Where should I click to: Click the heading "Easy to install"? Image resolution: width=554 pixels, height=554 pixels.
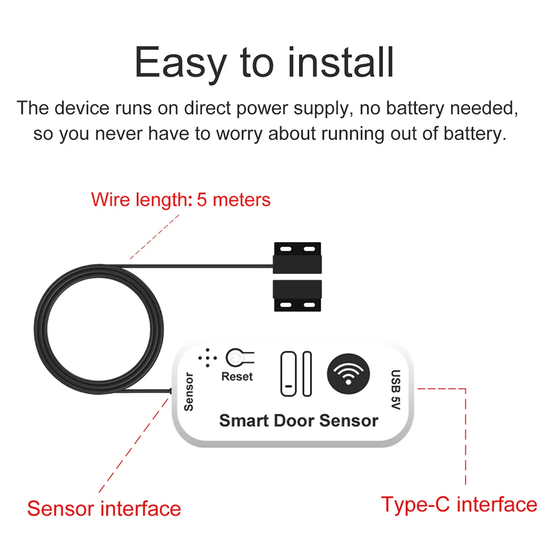click(264, 63)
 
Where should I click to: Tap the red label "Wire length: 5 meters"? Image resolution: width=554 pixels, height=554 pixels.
click(180, 200)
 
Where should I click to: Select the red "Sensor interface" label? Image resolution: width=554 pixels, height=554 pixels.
click(104, 509)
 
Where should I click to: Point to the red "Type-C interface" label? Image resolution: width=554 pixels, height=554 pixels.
click(459, 504)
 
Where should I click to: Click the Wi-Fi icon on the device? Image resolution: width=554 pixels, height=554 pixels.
click(348, 374)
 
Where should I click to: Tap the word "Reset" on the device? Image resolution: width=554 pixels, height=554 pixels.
click(237, 377)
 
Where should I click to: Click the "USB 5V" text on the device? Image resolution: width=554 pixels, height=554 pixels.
click(396, 390)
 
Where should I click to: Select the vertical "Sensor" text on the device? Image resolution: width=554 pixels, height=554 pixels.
click(189, 392)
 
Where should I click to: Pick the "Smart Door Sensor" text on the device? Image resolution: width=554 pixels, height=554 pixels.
click(299, 421)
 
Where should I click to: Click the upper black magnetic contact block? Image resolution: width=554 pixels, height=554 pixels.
click(298, 258)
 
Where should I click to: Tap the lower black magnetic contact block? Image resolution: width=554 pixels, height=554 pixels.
click(298, 296)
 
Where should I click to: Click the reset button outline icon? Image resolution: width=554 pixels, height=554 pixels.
click(240, 358)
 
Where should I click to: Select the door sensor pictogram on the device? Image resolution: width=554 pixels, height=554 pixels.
click(296, 374)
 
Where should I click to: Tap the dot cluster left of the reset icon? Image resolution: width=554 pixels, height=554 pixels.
click(208, 358)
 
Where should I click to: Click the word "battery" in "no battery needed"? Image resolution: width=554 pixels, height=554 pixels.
click(415, 108)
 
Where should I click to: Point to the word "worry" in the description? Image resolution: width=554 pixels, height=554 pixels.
click(240, 134)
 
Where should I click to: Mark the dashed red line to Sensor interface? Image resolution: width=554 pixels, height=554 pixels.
click(134, 444)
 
